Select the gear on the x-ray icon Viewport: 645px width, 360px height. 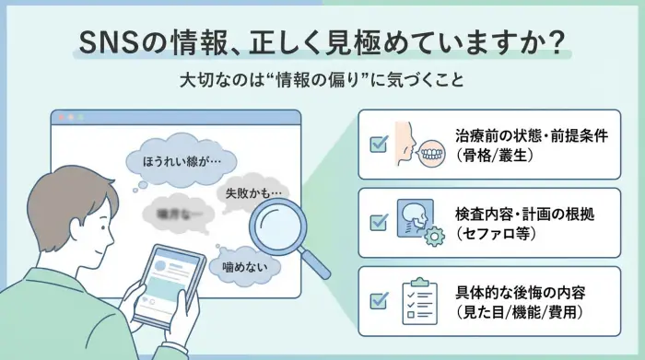click(x=430, y=238)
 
